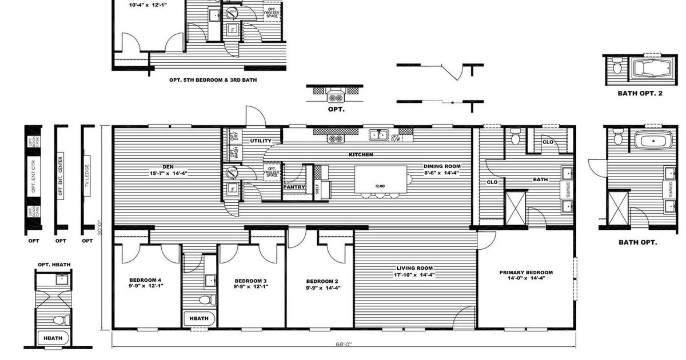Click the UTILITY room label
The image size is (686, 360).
261,141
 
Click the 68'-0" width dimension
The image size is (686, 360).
343,344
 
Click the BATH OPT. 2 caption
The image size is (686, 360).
640,93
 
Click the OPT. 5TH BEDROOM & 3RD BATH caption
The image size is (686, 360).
213,81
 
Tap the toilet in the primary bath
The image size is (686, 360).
515,137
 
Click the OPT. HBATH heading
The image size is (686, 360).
52,264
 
